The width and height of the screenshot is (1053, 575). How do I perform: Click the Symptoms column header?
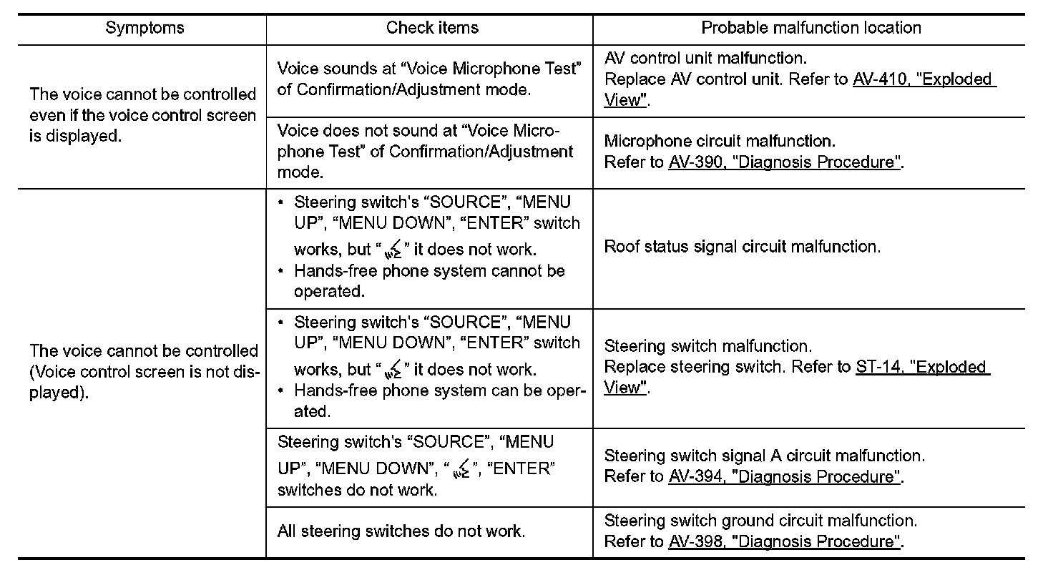click(145, 28)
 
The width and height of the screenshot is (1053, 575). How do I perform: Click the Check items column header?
click(432, 28)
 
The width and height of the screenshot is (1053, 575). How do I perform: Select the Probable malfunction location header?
click(810, 28)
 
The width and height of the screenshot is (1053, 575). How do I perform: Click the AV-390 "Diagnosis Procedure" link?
click(784, 162)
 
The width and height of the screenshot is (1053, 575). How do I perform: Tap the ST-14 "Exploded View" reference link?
click(922, 368)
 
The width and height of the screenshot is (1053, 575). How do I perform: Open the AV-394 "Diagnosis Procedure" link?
click(784, 477)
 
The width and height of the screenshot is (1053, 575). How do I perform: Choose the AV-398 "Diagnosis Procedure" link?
click(784, 542)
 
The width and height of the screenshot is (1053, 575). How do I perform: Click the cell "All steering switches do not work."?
click(401, 532)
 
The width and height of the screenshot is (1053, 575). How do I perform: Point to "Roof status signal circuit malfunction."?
click(742, 247)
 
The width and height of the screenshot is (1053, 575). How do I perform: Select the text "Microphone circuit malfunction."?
click(719, 142)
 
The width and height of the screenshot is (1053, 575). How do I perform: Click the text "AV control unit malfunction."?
click(705, 58)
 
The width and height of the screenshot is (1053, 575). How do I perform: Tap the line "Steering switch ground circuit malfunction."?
click(760, 521)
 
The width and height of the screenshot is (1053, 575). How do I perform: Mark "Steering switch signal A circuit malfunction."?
click(764, 456)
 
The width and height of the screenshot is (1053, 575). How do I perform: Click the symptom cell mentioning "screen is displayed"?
click(142, 115)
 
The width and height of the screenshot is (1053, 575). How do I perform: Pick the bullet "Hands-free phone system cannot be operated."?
click(429, 281)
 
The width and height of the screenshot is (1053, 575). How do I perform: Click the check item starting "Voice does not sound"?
click(425, 152)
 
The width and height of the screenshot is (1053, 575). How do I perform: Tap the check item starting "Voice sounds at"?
click(428, 79)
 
